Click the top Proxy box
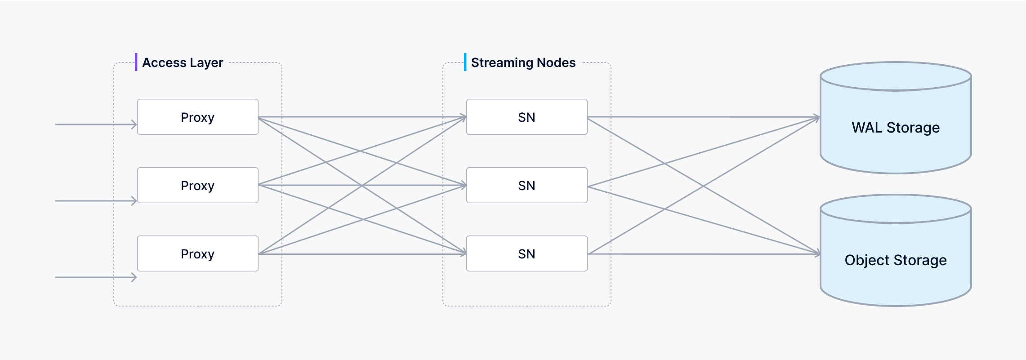[197, 117]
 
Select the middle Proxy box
[197, 185]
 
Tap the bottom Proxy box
[197, 253]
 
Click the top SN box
[526, 117]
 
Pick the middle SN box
[526, 185]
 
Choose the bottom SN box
[526, 253]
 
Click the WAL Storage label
[895, 128]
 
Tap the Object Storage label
[895, 260]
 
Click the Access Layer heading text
[183, 62]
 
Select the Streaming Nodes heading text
[523, 62]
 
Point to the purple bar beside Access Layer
[136, 62]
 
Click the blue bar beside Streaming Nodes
[465, 62]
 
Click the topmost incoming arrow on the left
[95, 124]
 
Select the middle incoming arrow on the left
[95, 200]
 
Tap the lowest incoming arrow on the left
[95, 277]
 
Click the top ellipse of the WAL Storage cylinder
[895, 76]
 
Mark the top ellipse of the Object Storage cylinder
[895, 209]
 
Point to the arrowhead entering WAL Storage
[817, 118]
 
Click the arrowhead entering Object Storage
[817, 254]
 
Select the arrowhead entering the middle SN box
[464, 185]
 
